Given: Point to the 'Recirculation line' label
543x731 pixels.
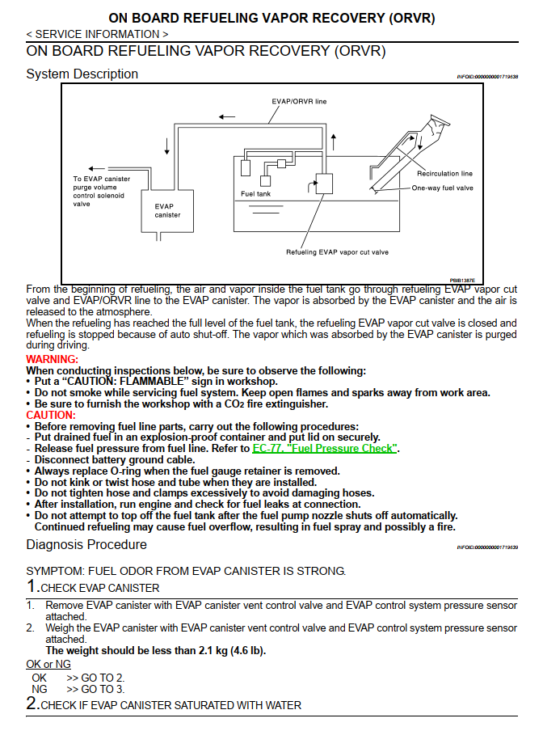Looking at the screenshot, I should [444, 173].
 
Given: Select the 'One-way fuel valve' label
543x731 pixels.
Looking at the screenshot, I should [442, 188].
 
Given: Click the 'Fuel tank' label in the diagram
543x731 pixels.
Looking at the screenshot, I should [255, 194].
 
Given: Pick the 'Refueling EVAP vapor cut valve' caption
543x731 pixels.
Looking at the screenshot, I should [337, 252].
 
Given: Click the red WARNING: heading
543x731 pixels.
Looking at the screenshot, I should [53, 359].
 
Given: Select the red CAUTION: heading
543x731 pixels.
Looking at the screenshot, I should [50, 415].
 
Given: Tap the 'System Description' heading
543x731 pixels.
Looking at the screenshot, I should [82, 74].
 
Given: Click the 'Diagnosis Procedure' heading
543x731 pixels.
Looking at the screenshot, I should [86, 545].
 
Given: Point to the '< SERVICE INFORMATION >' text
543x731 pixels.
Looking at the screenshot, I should [97, 34].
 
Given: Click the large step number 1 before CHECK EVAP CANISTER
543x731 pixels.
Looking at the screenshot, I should [32, 587].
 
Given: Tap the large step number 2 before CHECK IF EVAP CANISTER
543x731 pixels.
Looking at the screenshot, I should [32, 704].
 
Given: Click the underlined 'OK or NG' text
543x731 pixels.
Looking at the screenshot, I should [48, 664].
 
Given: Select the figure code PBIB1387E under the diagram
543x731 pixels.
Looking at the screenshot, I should [462, 280].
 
